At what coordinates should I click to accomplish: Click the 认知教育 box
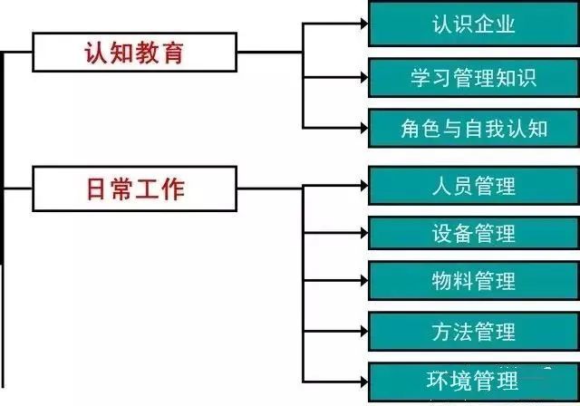[134, 52]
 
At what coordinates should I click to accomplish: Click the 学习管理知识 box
[474, 76]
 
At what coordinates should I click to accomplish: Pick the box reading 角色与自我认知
[474, 127]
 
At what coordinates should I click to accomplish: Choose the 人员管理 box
[474, 185]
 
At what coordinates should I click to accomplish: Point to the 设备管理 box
[474, 233]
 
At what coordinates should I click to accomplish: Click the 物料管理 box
[474, 282]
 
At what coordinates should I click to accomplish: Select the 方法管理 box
[474, 331]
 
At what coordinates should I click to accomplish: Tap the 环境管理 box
[474, 380]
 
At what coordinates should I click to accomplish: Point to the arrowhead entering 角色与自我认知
[361, 127]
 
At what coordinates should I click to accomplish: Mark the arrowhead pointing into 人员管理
[361, 185]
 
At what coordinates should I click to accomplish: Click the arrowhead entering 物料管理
[361, 282]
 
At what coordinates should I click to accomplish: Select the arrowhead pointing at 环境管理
[361, 380]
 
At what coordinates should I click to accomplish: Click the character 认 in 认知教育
[96, 52]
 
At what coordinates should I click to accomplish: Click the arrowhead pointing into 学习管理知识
[361, 76]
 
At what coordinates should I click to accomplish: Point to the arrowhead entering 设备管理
[361, 233]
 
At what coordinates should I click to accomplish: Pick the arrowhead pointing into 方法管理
[361, 331]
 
